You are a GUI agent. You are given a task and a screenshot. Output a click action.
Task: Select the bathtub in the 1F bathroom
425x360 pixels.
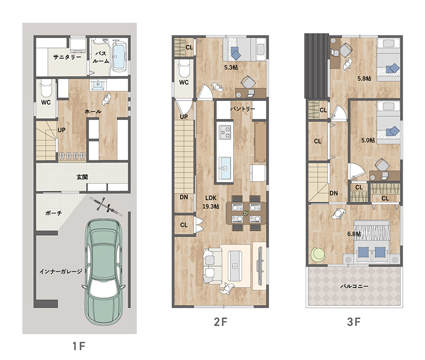point(118,56)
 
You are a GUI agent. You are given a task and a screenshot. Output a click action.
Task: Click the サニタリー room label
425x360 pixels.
point(67,57)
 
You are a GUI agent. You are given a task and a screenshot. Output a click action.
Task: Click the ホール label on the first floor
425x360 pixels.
point(93,111)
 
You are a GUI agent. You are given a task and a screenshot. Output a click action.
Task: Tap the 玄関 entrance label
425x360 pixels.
point(82,177)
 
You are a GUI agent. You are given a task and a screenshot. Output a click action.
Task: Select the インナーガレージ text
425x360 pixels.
point(60,271)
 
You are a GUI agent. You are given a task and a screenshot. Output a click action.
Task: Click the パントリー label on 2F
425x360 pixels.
point(242,109)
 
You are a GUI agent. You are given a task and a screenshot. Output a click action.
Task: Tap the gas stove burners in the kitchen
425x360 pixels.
point(224,132)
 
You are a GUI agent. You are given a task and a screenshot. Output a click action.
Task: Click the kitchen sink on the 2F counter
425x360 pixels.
point(224,168)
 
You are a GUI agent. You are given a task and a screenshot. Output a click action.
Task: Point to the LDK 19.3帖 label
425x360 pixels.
point(211,202)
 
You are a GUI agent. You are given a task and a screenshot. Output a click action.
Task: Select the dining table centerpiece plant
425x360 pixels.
point(246,213)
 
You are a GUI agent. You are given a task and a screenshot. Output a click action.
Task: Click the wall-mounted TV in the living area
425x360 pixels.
point(260,266)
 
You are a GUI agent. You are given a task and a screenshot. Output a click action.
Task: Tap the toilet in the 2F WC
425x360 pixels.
point(184,69)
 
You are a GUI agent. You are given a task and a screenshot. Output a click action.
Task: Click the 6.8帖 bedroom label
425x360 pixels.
point(354,233)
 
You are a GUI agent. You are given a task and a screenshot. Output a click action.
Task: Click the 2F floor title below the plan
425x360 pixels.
point(221,322)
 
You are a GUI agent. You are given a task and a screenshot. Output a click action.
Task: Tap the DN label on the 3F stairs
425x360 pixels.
point(333,193)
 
